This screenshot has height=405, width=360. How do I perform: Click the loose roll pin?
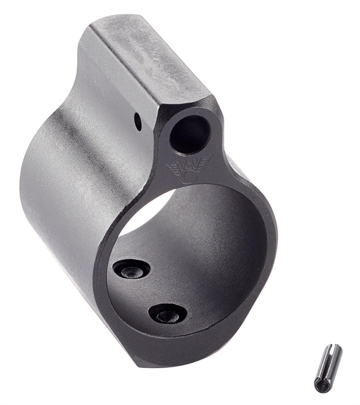click(x=328, y=368)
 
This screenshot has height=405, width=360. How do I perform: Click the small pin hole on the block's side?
click(x=139, y=119)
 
